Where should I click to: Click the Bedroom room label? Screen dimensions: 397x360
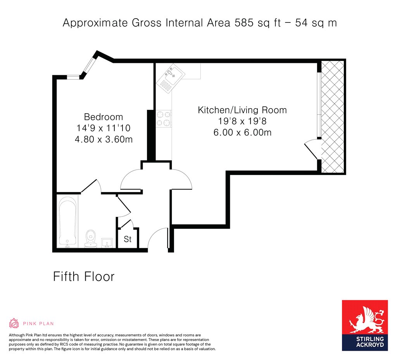(103, 117)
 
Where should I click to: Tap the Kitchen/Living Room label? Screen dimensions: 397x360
(242, 110)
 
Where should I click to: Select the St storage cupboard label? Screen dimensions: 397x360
(128, 239)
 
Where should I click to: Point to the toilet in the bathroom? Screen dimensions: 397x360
(90, 239)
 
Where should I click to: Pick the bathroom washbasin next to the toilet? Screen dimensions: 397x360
(107, 242)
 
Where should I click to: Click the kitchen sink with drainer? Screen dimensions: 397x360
(171, 78)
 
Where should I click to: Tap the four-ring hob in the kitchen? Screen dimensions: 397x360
(163, 119)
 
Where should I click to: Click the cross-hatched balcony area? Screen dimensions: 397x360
(332, 117)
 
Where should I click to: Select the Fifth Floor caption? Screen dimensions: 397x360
(84, 276)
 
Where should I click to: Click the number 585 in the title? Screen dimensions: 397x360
(244, 23)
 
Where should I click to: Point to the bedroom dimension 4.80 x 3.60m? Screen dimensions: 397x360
(104, 139)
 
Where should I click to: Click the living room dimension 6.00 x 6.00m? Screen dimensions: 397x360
(242, 132)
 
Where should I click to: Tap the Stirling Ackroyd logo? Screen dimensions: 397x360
(365, 325)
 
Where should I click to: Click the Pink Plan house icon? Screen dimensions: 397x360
(14, 323)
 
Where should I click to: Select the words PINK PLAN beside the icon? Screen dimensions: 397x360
(38, 324)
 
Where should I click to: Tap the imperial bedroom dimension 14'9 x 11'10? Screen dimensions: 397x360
(104, 128)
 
